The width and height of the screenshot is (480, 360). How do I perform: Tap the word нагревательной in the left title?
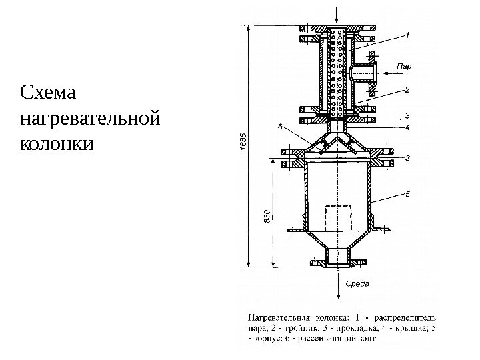click(91, 118)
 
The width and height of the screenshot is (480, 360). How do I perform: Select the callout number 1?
click(408, 33)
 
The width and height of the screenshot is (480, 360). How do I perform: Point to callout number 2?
click(408, 87)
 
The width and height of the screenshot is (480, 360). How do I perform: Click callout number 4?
click(408, 125)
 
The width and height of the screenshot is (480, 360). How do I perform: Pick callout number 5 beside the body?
click(408, 194)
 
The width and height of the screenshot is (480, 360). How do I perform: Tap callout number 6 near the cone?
click(280, 125)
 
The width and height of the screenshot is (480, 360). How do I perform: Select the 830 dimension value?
click(267, 217)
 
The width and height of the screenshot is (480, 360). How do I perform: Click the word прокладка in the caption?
click(347, 328)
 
